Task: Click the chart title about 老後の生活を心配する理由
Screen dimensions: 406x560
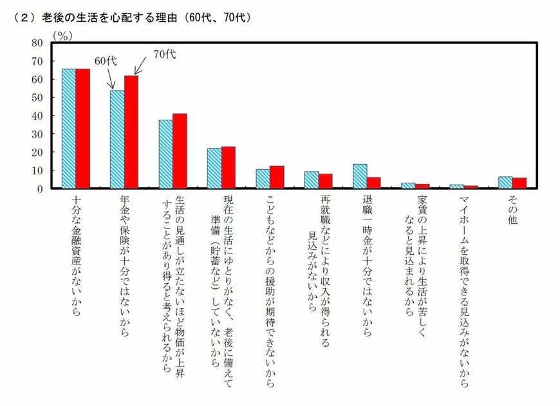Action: [132, 18]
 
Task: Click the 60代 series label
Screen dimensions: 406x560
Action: [106, 61]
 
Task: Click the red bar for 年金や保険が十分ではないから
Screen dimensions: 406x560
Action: [131, 132]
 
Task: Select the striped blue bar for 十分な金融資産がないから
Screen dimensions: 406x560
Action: [68, 129]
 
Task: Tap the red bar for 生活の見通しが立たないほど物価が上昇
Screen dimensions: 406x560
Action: [180, 151]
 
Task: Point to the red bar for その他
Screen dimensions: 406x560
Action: [519, 183]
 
